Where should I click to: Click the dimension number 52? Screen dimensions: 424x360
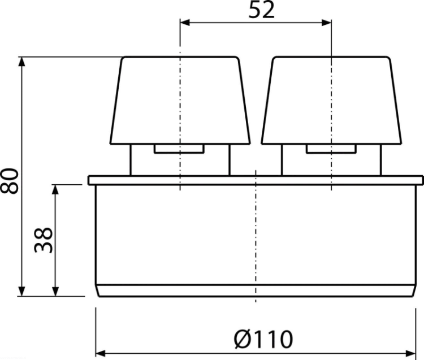click(x=261, y=10)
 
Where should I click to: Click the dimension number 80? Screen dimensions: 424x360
click(x=10, y=181)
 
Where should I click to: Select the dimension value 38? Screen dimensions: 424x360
click(x=43, y=240)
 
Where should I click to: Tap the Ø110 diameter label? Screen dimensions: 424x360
click(x=263, y=339)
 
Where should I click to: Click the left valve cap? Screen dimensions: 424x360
click(x=180, y=100)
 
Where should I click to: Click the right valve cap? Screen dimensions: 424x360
click(x=331, y=100)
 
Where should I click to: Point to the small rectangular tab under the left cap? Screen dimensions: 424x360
click(x=179, y=149)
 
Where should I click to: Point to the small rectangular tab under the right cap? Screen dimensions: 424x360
click(x=331, y=149)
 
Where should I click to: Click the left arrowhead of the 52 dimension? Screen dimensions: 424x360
click(x=185, y=23)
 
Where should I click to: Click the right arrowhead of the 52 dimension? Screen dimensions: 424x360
click(x=326, y=23)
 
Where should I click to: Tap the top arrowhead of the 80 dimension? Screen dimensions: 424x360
click(x=22, y=62)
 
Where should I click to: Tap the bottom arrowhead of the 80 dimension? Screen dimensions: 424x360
click(x=22, y=292)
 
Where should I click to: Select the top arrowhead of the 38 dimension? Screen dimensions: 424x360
click(x=55, y=189)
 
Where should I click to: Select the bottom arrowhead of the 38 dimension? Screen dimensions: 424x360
click(x=55, y=292)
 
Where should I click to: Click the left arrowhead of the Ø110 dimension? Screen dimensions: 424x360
click(x=101, y=353)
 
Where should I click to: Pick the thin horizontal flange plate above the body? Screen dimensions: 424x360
click(x=256, y=180)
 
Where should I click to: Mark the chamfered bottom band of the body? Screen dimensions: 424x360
click(x=256, y=291)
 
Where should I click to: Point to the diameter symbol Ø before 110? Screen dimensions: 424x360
click(x=243, y=339)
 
